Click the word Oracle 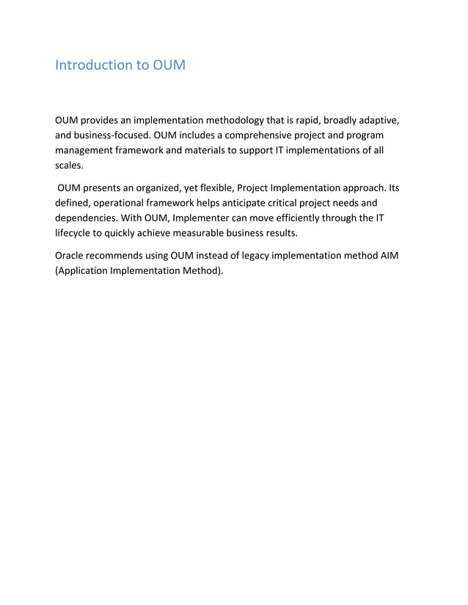(72, 255)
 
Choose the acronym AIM (388, 255)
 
